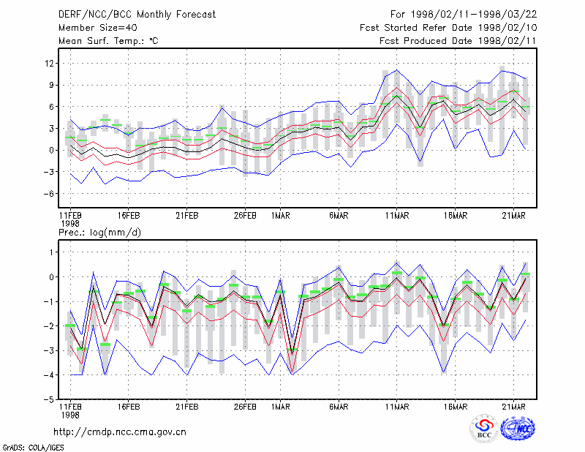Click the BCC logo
point(484,429)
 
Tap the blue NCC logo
point(518,429)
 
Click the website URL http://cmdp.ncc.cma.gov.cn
point(120,432)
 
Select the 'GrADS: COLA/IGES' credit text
point(33,448)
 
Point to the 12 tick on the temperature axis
point(49,64)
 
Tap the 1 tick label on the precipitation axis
point(51,252)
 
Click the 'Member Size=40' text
point(98,28)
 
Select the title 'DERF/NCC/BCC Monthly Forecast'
point(137,15)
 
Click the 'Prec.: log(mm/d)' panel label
point(99,233)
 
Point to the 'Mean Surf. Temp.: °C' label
point(108,41)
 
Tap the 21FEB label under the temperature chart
point(187,216)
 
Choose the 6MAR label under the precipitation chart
point(339,407)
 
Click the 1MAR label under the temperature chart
point(281,216)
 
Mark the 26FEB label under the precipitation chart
point(245,407)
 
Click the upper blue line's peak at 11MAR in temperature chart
point(397,69)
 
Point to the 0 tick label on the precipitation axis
point(51,277)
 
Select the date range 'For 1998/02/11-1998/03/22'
point(464,15)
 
